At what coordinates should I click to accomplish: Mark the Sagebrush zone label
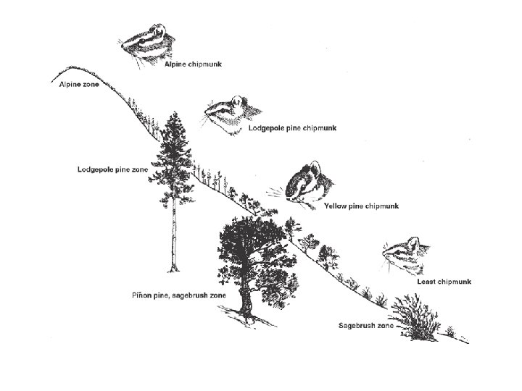click(365, 326)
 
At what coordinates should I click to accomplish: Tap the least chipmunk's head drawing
click(403, 254)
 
